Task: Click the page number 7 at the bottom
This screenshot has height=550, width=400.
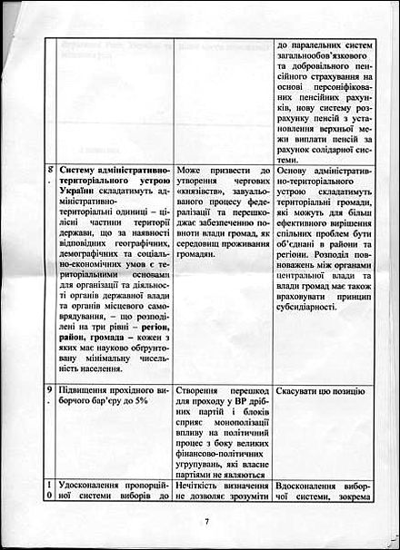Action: [206, 522]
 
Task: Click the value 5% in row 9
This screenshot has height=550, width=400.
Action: [137, 401]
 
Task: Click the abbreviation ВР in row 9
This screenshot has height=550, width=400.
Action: [236, 401]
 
